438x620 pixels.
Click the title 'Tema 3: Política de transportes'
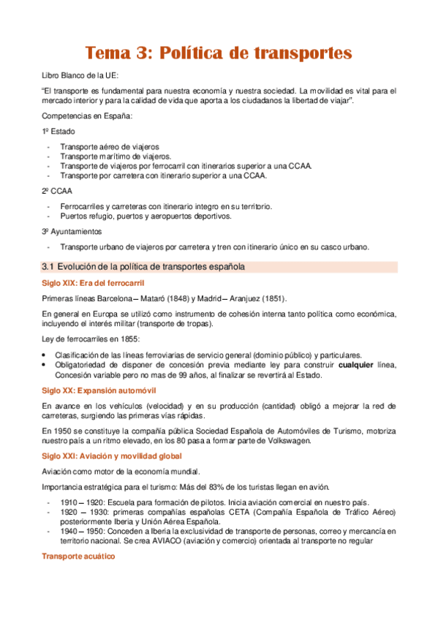pyautogui.click(x=219, y=53)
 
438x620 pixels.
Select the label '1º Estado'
pyautogui.click(x=58, y=132)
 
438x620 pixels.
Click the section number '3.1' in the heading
pyautogui.click(x=48, y=267)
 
